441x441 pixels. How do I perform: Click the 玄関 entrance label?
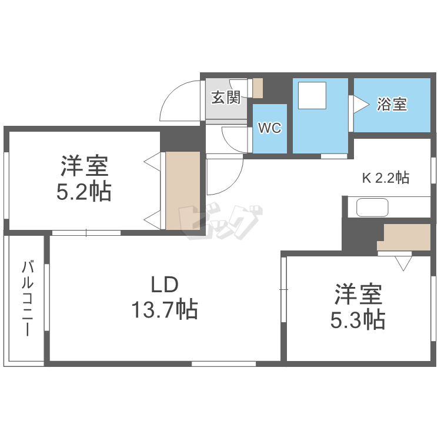tap(226, 98)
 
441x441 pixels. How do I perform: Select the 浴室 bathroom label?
tap(392, 105)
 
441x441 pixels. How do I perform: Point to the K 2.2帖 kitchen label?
tap(385, 177)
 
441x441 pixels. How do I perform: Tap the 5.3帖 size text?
tap(358, 319)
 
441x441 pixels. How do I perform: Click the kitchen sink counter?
tap(372, 207)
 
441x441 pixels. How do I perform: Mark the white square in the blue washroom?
tap(312, 96)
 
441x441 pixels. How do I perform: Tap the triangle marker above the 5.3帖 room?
tap(403, 263)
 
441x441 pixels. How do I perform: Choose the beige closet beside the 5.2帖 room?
tap(182, 191)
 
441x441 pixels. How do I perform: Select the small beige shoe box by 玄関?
tap(258, 87)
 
